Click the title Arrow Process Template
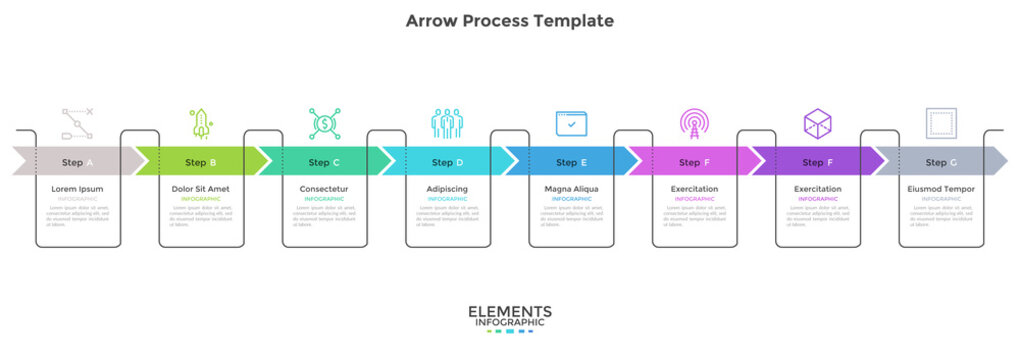(x=510, y=20)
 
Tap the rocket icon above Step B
(x=201, y=124)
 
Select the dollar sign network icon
(x=325, y=124)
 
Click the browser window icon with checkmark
(x=571, y=124)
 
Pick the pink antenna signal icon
(x=694, y=124)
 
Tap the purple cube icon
(x=818, y=124)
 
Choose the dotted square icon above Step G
(x=941, y=124)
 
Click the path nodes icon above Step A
(x=77, y=124)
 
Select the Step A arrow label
(x=78, y=162)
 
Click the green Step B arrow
(x=201, y=162)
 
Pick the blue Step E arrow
(x=571, y=162)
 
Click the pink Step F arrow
(x=694, y=162)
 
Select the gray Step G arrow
(x=941, y=162)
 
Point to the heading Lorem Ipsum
(x=77, y=189)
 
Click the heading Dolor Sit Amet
(x=201, y=189)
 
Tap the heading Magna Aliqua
(x=571, y=189)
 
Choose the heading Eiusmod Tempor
(x=941, y=189)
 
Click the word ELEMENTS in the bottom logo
(x=510, y=312)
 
